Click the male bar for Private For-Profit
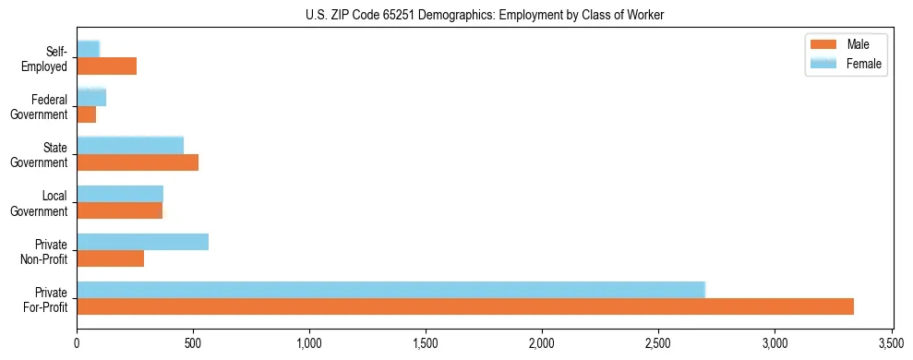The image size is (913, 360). click(x=464, y=306)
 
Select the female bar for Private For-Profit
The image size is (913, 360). click(x=390, y=290)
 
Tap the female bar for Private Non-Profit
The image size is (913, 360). click(x=142, y=242)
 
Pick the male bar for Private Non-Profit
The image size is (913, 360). click(x=110, y=258)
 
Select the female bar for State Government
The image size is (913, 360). click(x=130, y=145)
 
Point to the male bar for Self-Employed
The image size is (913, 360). click(x=106, y=66)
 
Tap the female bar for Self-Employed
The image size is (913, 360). click(x=88, y=49)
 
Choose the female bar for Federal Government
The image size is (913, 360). click(x=91, y=97)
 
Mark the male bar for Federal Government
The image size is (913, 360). click(x=86, y=114)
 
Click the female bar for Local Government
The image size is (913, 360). click(x=120, y=194)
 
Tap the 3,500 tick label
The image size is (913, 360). click(x=891, y=343)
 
